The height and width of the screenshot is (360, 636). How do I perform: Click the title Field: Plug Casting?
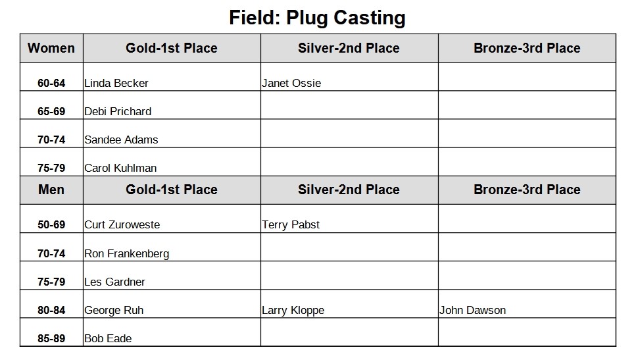pyautogui.click(x=317, y=18)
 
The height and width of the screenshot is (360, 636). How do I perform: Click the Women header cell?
pyautogui.click(x=51, y=48)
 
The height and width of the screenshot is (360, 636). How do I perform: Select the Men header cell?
pyautogui.click(x=51, y=190)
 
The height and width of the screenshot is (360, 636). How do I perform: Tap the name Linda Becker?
pyautogui.click(x=116, y=83)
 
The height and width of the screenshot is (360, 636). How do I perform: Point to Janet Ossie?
pyautogui.click(x=291, y=83)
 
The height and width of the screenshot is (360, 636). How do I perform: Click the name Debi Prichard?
pyautogui.click(x=118, y=111)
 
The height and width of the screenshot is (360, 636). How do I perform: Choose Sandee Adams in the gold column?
pyautogui.click(x=121, y=140)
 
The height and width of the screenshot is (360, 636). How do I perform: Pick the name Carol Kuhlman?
pyautogui.click(x=120, y=168)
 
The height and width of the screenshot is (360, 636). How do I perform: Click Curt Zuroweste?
pyautogui.click(x=122, y=224)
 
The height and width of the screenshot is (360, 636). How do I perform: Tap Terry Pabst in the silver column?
pyautogui.click(x=291, y=224)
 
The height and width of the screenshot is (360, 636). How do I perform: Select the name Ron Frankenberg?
pyautogui.click(x=126, y=253)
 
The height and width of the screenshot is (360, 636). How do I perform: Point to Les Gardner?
pyautogui.click(x=114, y=282)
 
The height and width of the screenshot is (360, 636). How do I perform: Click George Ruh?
pyautogui.click(x=114, y=311)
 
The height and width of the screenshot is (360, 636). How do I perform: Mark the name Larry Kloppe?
pyautogui.click(x=293, y=311)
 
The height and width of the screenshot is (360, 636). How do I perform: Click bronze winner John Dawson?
pyautogui.click(x=472, y=310)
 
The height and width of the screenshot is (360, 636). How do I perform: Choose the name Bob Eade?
pyautogui.click(x=108, y=338)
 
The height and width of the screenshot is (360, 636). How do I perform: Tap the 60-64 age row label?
pyautogui.click(x=51, y=83)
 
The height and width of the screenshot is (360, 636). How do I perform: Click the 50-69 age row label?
pyautogui.click(x=51, y=224)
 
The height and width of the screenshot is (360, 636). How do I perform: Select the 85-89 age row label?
pyautogui.click(x=51, y=338)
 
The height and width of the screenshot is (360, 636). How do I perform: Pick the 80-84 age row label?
pyautogui.click(x=51, y=310)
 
